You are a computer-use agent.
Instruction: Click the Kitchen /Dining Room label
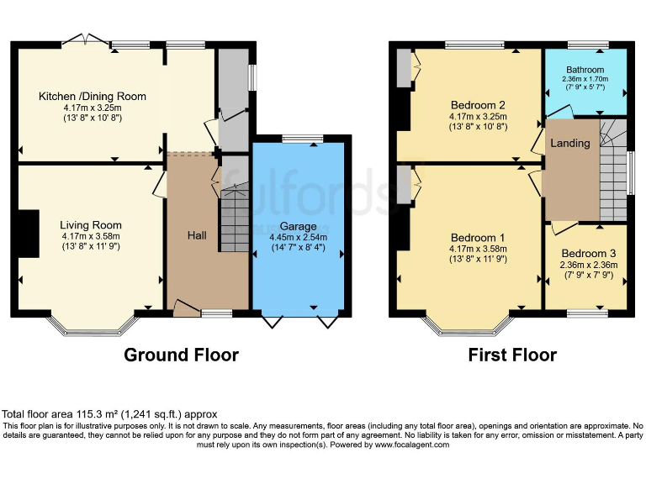92,97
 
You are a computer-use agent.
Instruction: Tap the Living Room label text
91,225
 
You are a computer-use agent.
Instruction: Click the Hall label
196,235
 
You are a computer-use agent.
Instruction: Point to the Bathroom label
585,70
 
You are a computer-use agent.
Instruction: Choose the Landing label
569,144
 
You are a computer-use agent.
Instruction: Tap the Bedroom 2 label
478,105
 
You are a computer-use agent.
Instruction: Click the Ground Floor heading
181,355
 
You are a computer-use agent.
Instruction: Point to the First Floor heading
512,355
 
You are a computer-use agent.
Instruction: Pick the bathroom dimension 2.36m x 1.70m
585,79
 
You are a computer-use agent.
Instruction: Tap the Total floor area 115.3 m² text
109,414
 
